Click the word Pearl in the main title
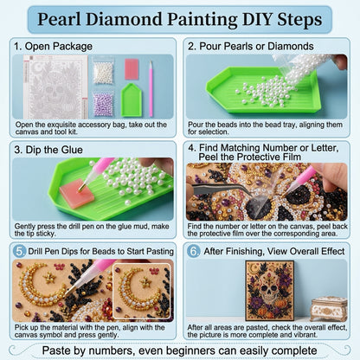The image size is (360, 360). click(x=60, y=19)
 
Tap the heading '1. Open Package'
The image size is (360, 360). click(x=54, y=46)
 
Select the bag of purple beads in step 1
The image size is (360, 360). click(x=103, y=104)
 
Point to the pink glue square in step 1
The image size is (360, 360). click(x=132, y=69)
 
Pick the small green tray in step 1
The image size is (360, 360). click(x=132, y=100)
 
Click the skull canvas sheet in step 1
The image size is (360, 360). click(x=55, y=87)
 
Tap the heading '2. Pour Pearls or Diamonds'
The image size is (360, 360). click(x=251, y=46)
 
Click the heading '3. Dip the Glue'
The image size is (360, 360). click(x=48, y=150)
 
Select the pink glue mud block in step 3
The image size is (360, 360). click(x=77, y=193)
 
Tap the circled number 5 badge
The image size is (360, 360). click(x=20, y=251)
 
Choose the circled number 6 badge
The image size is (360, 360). click(x=193, y=251)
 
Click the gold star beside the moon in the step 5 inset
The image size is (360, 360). click(x=146, y=281)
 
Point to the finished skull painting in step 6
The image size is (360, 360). click(x=270, y=291)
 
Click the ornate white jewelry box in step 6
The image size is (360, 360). click(x=329, y=310)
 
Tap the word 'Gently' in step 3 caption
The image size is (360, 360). click(x=25, y=227)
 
